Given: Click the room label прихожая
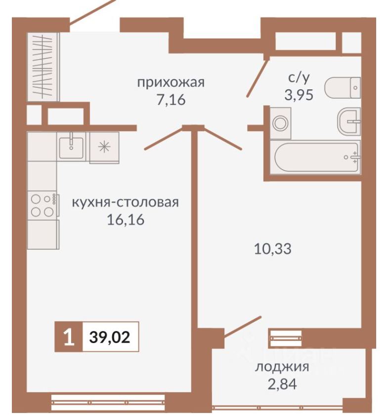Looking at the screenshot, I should pos(171,82).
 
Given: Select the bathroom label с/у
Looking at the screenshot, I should pos(299,77).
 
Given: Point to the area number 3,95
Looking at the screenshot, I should pos(299,95).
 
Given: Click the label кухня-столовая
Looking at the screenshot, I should pos(125,202).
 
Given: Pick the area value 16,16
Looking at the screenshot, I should pos(125,220).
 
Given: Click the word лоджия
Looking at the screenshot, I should pos(282,367).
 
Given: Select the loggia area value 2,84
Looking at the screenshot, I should pos(282,383).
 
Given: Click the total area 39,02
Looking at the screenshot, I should pos(110,338).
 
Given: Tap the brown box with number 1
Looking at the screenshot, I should pos(68,338).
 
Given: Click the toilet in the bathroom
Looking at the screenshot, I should pos(344,88).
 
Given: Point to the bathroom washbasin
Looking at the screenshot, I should pos(349,120).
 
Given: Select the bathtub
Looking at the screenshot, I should pos(315,157).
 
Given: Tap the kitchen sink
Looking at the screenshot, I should pos(71,145).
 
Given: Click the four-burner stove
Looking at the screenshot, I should pos(43,205).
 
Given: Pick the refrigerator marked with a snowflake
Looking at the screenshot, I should pos(104,147).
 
